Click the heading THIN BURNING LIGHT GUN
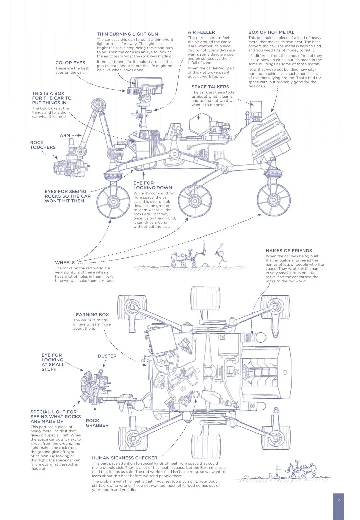pyautogui.click(x=127, y=34)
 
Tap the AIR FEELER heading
pyautogui.click(x=201, y=32)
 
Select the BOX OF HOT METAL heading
pyautogui.click(x=271, y=32)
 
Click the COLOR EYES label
pyautogui.click(x=70, y=63)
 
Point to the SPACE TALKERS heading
pyautogui.click(x=210, y=87)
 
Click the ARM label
pyautogui.click(x=65, y=135)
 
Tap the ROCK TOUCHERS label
pyautogui.click(x=43, y=145)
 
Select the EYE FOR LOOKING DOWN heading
pyautogui.click(x=152, y=185)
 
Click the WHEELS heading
pyautogui.click(x=65, y=263)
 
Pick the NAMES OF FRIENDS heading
pyautogui.click(x=289, y=251)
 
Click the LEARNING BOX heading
pyautogui.click(x=91, y=315)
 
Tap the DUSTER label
pyautogui.click(x=107, y=356)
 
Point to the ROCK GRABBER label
pyautogui.click(x=97, y=423)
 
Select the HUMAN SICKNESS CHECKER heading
pyautogui.click(x=124, y=458)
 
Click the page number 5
pyautogui.click(x=338, y=499)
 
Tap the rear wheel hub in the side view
pyautogui.click(x=273, y=200)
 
